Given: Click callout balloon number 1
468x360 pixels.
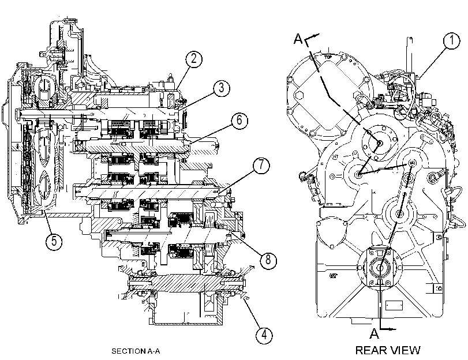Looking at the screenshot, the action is [x=452, y=40].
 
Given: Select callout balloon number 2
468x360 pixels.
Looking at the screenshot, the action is [x=194, y=59].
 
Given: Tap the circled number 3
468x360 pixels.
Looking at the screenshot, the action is [x=221, y=88].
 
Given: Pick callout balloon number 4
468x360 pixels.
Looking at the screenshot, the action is [x=264, y=335].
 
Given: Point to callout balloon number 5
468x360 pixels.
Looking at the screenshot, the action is [x=54, y=241].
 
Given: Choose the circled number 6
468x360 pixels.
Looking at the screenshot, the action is [x=239, y=121].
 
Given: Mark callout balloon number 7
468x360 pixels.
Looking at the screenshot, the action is [x=261, y=165].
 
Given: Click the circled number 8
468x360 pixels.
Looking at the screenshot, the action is [x=268, y=260].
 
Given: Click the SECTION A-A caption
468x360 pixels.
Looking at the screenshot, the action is [x=136, y=351].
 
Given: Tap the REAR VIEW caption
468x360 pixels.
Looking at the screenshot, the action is [x=388, y=350].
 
